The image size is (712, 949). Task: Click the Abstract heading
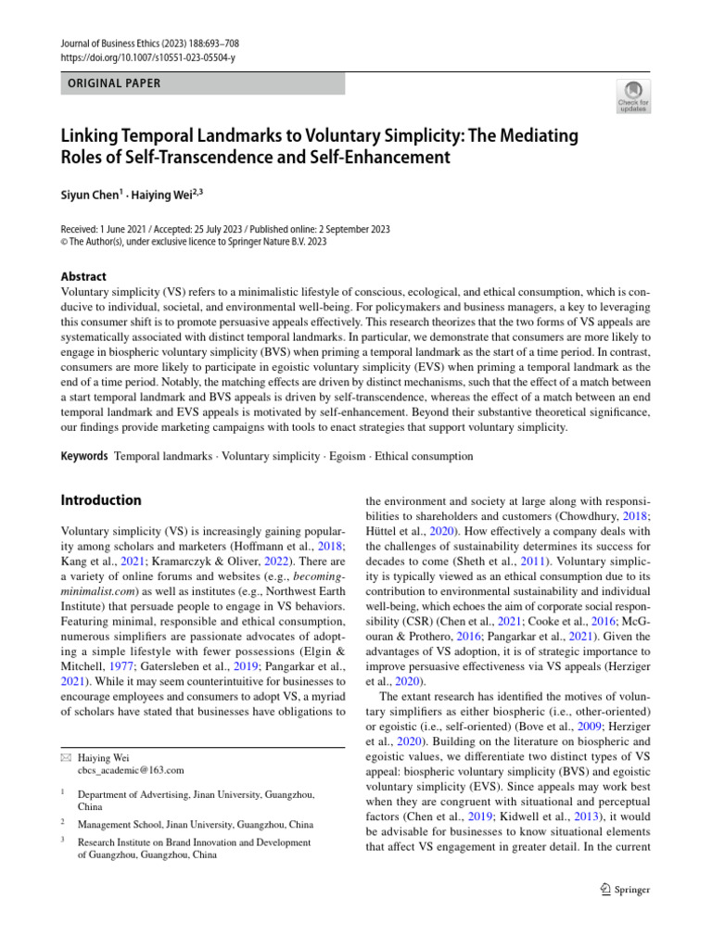(83, 276)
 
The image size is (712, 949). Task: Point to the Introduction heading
(101, 500)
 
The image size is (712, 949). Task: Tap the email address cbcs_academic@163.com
(131, 770)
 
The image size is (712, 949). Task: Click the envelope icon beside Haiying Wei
(66, 757)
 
